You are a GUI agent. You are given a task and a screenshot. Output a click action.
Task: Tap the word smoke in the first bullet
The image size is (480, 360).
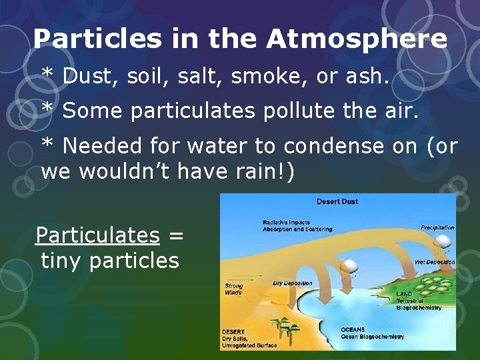[269, 77]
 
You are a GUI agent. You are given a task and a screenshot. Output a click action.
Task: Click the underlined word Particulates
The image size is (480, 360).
[97, 235]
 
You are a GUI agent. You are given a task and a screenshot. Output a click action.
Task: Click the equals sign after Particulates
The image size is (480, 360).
[176, 236]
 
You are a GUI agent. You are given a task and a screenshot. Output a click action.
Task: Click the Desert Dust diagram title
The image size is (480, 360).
[337, 201]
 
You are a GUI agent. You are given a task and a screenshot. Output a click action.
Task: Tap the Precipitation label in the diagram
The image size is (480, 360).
[437, 227]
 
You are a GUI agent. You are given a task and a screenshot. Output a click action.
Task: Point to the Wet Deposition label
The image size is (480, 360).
[435, 262]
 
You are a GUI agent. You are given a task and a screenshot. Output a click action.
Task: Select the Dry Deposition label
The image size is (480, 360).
[293, 283]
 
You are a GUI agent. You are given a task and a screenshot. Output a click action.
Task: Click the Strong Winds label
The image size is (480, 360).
[234, 289]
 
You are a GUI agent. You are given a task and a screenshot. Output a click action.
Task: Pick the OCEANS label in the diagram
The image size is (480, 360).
[353, 329]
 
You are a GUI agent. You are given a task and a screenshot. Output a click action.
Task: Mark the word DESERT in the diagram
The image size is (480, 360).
[234, 331]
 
